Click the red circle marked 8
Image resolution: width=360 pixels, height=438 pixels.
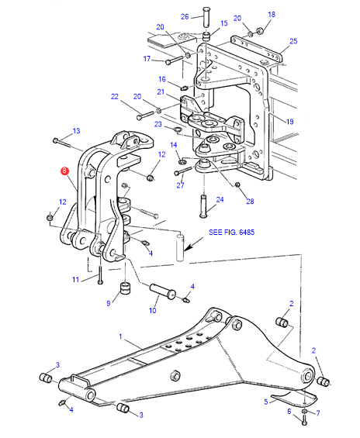click(x=64, y=171)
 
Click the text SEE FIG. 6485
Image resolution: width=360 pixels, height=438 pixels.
click(x=232, y=232)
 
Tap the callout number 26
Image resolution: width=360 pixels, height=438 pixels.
click(x=185, y=17)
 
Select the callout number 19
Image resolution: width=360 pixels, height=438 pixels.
click(x=290, y=122)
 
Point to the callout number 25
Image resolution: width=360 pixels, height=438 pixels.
click(x=293, y=41)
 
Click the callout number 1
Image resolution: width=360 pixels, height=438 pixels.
click(x=120, y=336)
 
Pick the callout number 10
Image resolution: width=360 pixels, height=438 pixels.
click(x=152, y=310)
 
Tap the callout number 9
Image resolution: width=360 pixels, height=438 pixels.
click(x=109, y=303)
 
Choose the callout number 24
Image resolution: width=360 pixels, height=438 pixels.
click(x=220, y=200)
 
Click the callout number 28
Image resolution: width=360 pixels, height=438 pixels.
click(x=250, y=202)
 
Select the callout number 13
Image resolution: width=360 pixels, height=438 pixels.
click(x=76, y=131)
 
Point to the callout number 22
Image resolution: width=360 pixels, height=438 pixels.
click(x=115, y=97)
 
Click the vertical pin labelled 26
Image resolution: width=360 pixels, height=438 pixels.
click(x=206, y=17)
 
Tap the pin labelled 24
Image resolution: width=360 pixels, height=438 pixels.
click(x=203, y=206)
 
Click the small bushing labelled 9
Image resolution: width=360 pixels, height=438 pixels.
click(x=125, y=288)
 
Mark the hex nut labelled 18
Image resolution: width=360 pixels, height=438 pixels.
click(x=259, y=30)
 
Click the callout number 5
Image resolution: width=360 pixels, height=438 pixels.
click(x=266, y=402)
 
